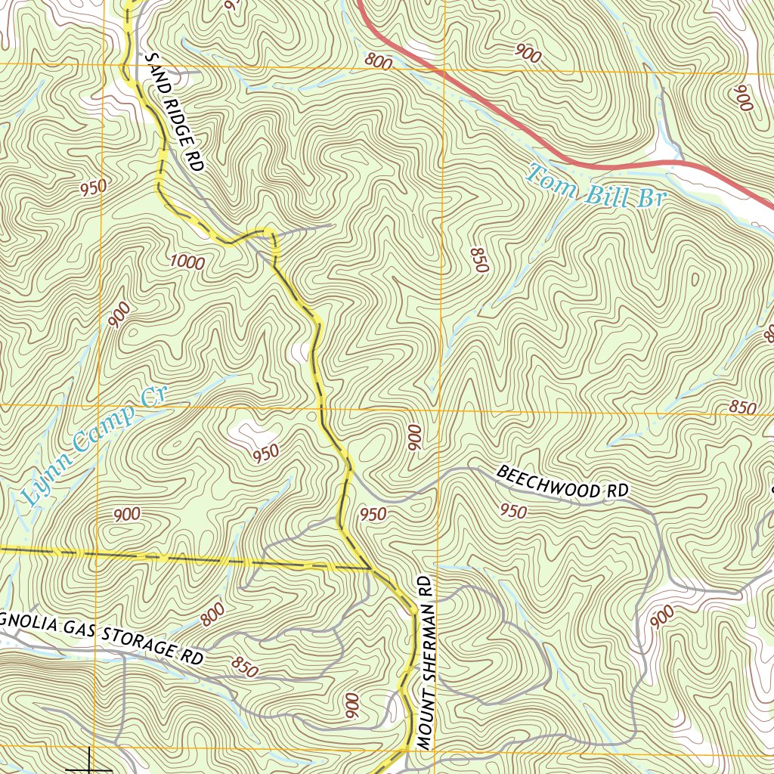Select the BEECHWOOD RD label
pyautogui.click(x=562, y=482)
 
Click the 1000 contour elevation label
pyautogui.click(x=187, y=262)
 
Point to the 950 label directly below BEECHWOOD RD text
pyautogui.click(x=513, y=512)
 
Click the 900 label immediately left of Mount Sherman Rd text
pyautogui.click(x=352, y=706)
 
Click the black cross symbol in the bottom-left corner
pyautogui.click(x=91, y=763)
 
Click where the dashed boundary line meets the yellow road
pyautogui.click(x=369, y=568)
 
